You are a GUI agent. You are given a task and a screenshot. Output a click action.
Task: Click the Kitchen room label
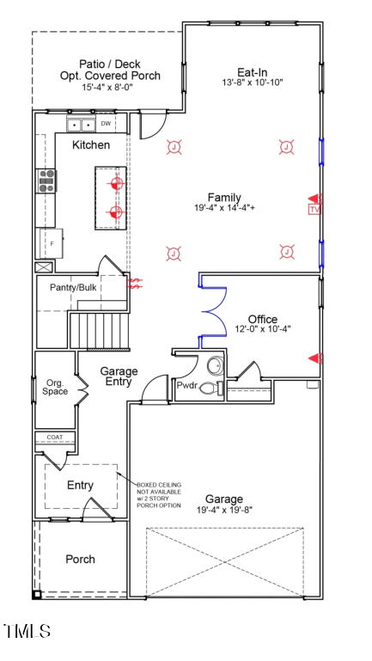tap(90, 145)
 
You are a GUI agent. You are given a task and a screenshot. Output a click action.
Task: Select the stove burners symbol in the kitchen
tap(46, 181)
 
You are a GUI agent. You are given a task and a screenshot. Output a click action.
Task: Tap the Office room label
tap(263, 319)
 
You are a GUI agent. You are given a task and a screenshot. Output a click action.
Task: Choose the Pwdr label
tap(187, 386)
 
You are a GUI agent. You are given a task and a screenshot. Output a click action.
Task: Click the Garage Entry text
tap(119, 376)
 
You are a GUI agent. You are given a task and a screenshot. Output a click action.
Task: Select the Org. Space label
tap(55, 387)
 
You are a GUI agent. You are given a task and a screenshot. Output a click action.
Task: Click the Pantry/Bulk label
tap(73, 286)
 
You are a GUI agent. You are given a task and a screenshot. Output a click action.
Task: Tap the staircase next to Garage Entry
tap(97, 330)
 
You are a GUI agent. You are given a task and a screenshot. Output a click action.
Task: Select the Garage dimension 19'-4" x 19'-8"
tap(223, 510)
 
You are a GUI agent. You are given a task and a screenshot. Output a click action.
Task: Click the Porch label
tap(81, 559)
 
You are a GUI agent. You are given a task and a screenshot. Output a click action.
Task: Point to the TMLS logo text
tap(27, 632)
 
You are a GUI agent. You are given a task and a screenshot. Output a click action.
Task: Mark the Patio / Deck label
tap(108, 64)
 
